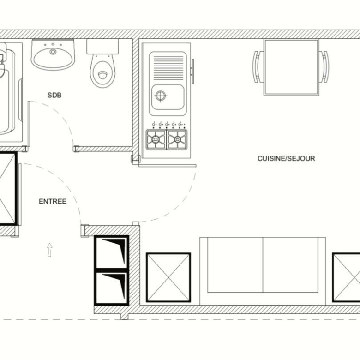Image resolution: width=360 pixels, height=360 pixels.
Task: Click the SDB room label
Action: (x=54, y=95)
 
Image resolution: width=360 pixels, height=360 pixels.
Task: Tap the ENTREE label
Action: (x=53, y=201)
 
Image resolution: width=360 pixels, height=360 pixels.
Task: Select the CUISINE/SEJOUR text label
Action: (x=286, y=158)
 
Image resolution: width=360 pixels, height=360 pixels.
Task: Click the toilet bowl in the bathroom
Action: (x=102, y=71)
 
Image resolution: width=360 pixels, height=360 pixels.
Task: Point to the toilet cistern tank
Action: (x=102, y=47)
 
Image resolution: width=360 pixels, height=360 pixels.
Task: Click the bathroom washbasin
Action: (x=53, y=54)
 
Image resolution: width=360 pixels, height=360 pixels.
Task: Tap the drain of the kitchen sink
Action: (x=161, y=96)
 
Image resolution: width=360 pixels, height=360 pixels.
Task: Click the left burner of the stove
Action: (x=156, y=139)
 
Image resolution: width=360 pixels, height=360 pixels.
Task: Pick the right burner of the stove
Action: (x=177, y=139)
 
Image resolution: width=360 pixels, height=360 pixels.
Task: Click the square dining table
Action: (x=291, y=67)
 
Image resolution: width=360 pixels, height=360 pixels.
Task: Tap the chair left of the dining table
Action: (x=258, y=67)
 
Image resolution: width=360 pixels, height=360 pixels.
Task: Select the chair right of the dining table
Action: (x=324, y=67)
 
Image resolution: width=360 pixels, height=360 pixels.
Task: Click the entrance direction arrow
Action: (x=49, y=250)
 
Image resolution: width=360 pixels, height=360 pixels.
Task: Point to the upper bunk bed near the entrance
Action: (x=112, y=252)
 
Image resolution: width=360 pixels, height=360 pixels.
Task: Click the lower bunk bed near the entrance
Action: (x=112, y=288)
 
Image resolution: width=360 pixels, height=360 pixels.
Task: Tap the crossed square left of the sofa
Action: (x=168, y=277)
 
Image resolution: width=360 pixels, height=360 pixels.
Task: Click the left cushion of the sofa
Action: (x=235, y=265)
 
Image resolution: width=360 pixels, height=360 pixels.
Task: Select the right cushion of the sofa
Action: (x=290, y=265)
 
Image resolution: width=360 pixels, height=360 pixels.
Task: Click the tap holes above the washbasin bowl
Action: (x=53, y=45)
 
